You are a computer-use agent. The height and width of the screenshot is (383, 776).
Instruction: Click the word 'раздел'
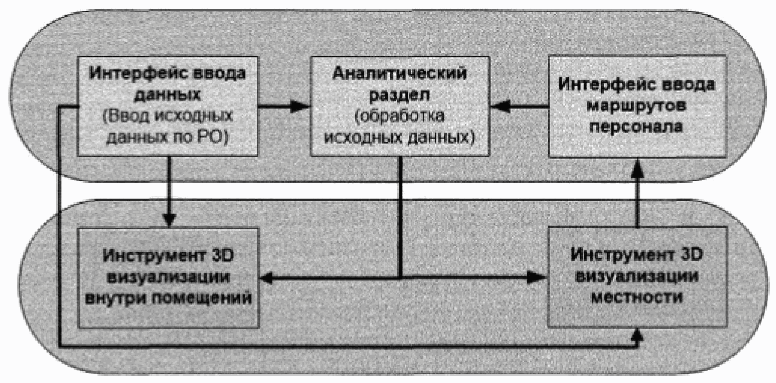click(x=400, y=95)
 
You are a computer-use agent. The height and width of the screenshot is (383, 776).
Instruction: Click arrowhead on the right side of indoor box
click(x=270, y=277)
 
